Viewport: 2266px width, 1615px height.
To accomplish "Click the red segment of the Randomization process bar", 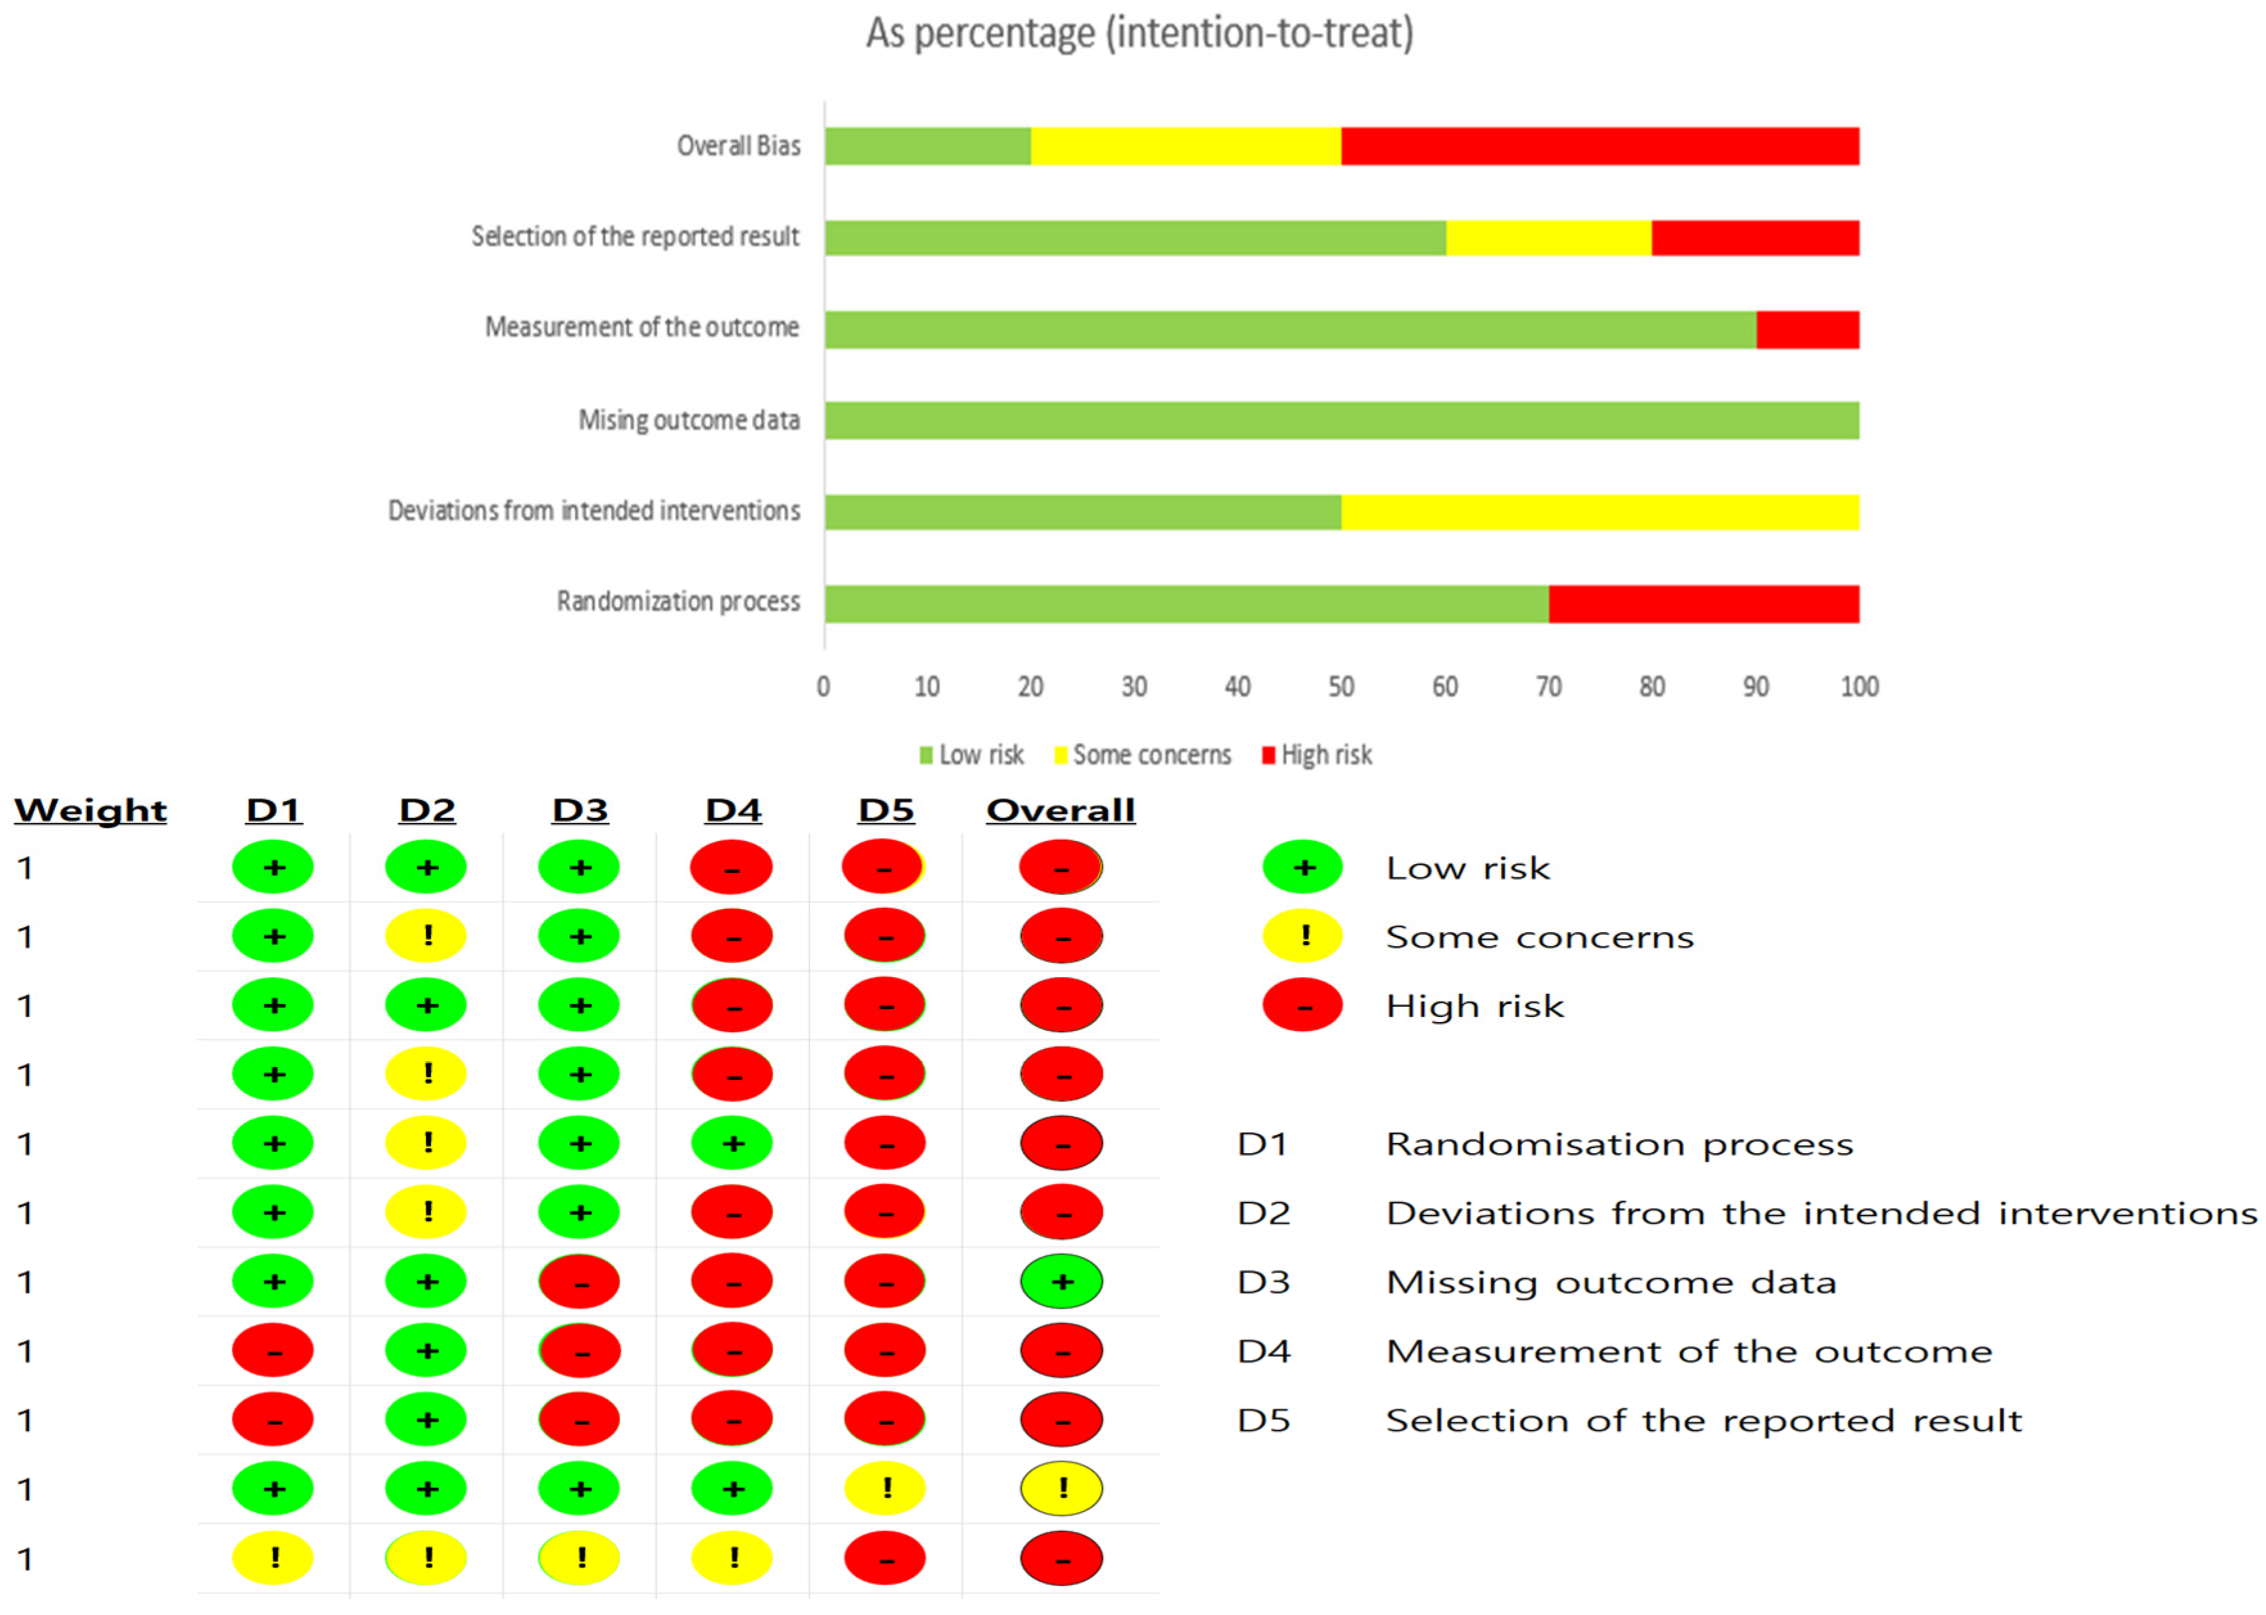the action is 1703,604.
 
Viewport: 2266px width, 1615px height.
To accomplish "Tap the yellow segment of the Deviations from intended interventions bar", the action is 1600,512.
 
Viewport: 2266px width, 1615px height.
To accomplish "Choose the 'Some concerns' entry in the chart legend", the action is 1143,755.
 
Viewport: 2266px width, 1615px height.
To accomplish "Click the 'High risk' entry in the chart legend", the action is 1317,755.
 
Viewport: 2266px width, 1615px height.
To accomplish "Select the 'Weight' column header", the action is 91,811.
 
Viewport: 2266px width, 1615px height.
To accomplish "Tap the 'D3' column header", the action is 580,811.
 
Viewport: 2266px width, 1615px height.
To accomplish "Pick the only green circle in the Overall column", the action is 1061,1281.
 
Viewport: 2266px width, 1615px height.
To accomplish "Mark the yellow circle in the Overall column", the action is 1061,1488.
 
